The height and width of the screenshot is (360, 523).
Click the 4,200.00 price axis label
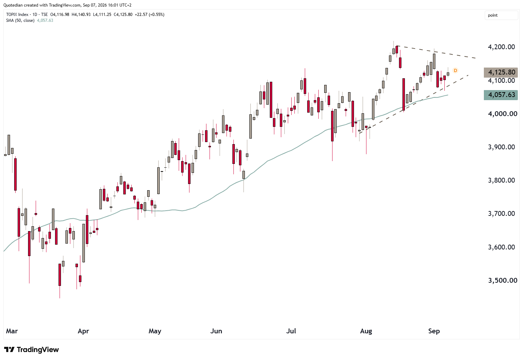coord(501,47)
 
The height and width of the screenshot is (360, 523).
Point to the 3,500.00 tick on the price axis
coord(501,280)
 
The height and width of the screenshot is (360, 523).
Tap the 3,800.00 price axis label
coord(501,181)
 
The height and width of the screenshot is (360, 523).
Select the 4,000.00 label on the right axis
coord(501,114)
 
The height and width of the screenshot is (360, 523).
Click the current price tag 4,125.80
coord(500,72)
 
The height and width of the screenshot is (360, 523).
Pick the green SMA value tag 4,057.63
coord(500,95)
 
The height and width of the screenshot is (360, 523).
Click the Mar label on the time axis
coord(12,331)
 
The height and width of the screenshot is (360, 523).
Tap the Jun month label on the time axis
coord(216,331)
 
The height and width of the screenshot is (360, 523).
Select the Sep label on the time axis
coord(434,331)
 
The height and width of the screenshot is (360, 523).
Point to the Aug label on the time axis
coord(366,331)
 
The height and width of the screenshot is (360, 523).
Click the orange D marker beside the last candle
coord(455,70)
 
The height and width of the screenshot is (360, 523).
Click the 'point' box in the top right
coord(501,15)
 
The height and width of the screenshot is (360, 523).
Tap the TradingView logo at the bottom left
coord(32,350)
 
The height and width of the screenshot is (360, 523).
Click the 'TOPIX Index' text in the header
coord(17,15)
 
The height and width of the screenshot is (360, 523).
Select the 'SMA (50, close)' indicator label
coord(20,20)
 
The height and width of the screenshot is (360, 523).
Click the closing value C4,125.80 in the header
coord(123,15)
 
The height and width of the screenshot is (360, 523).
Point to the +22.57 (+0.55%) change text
coord(150,15)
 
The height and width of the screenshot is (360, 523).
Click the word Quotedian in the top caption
coord(13,5)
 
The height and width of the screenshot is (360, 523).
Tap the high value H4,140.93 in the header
coord(81,15)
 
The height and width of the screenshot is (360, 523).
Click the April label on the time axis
coord(83,331)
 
